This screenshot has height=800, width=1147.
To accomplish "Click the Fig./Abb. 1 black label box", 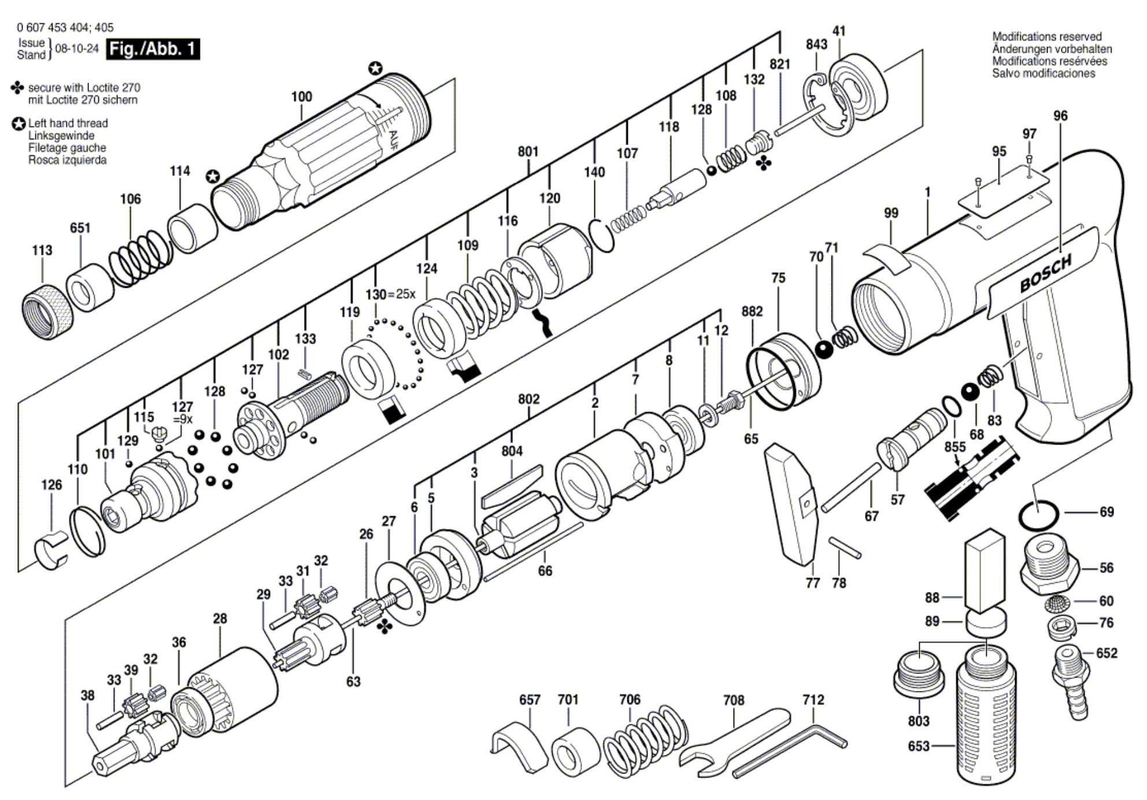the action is [x=153, y=49].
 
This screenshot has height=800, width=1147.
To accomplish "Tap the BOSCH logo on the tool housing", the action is [x=1045, y=273].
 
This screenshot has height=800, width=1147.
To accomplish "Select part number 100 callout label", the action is [x=301, y=97].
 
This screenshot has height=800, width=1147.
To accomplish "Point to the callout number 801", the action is [x=528, y=151].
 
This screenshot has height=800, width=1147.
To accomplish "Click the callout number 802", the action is [x=528, y=399].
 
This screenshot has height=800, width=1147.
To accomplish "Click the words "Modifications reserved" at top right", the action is [x=1047, y=36].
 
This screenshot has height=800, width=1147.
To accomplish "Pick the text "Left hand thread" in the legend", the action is [x=68, y=123].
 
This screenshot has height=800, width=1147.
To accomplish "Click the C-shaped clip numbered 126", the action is [x=51, y=552].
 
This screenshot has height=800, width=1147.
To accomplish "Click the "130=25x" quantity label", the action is [x=390, y=294].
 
